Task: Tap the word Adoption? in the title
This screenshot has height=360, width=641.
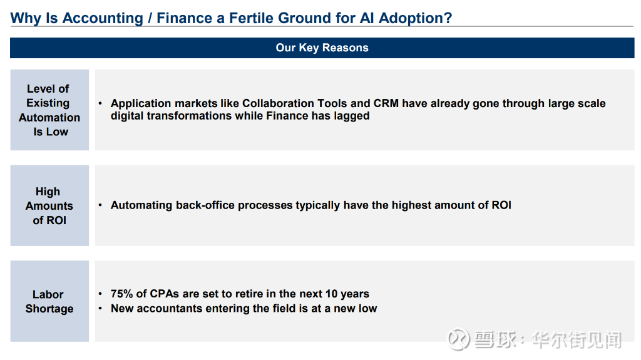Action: (416, 18)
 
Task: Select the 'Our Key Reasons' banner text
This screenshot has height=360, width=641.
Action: (322, 48)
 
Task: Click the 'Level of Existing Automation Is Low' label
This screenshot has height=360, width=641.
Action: (49, 110)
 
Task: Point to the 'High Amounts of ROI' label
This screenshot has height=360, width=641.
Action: (49, 206)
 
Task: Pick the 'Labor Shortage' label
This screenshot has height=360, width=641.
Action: (49, 302)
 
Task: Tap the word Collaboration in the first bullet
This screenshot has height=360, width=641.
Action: (278, 103)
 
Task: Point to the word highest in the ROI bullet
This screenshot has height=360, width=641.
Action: (411, 205)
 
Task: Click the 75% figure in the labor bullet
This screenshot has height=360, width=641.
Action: (122, 294)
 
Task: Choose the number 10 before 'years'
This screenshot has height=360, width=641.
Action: (332, 294)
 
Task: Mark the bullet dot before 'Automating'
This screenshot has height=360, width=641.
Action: (100, 205)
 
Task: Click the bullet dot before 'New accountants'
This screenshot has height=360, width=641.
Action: (100, 309)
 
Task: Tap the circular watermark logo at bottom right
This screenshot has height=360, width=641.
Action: (458, 339)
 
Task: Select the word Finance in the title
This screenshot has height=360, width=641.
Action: (185, 18)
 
